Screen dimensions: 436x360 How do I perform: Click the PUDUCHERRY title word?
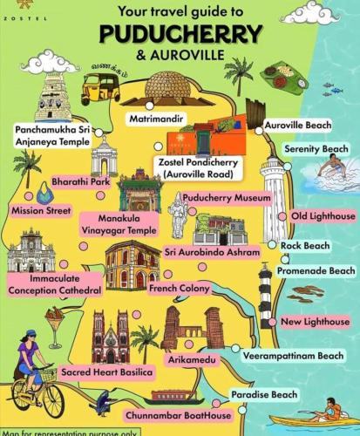pyautogui.click(x=180, y=34)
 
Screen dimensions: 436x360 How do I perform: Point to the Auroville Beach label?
pyautogui.click(x=297, y=126)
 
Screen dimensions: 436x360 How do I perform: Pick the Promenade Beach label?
pyautogui.click(x=317, y=272)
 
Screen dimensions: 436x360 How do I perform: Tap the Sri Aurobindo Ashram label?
pyautogui.click(x=212, y=252)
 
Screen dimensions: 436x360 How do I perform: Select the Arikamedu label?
pyautogui.click(x=189, y=358)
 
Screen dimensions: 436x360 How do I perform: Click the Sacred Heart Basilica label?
pyautogui.click(x=107, y=372)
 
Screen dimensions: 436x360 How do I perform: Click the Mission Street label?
pyautogui.click(x=41, y=210)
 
